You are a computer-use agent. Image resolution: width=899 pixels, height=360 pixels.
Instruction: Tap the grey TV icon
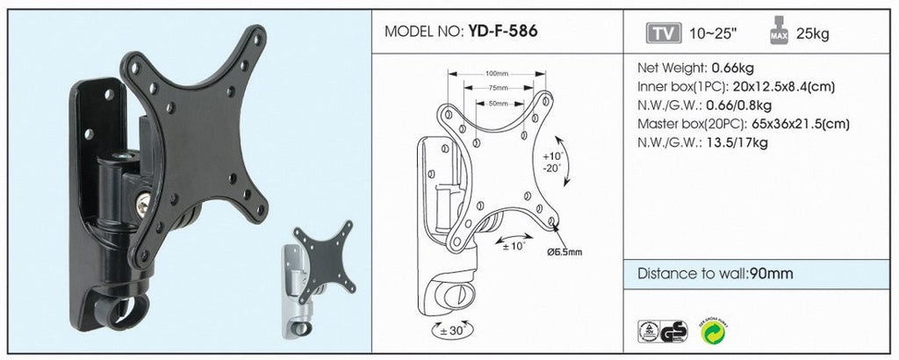tap(664, 33)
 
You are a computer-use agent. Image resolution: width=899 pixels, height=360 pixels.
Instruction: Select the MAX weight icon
tap(779, 31)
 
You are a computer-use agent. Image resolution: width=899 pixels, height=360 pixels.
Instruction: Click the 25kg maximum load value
tap(812, 34)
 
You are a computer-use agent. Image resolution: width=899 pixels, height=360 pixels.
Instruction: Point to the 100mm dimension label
tap(497, 74)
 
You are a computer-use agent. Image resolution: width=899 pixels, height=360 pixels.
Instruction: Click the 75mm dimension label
tap(499, 89)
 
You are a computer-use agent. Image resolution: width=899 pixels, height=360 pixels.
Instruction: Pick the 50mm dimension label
tap(499, 104)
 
